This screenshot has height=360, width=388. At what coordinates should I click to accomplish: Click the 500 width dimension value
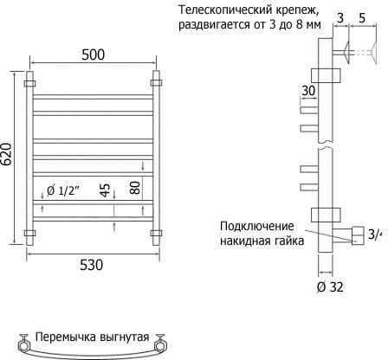click(x=93, y=55)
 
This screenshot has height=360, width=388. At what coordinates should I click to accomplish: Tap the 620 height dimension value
click(x=7, y=154)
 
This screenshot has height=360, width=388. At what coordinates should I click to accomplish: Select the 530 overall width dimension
click(x=91, y=265)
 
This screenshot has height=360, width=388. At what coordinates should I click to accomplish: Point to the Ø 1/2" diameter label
click(x=63, y=190)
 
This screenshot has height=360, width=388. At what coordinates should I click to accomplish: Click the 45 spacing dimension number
click(x=106, y=190)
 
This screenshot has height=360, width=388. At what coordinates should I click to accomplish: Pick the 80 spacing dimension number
click(x=135, y=188)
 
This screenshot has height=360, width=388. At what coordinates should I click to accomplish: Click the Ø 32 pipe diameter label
click(x=330, y=286)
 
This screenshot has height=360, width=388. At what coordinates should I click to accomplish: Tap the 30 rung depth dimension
click(x=308, y=91)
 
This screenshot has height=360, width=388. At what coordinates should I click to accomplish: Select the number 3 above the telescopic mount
click(x=340, y=18)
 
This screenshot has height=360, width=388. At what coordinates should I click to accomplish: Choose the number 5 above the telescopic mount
click(x=362, y=18)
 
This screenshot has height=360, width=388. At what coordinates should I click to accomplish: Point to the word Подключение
click(x=256, y=226)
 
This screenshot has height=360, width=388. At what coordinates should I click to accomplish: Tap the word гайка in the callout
click(x=289, y=241)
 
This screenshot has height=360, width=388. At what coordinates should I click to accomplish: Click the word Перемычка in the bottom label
click(x=66, y=337)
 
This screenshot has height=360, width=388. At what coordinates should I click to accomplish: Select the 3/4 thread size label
click(x=375, y=235)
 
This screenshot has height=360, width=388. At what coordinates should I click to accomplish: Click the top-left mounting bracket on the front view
click(x=30, y=84)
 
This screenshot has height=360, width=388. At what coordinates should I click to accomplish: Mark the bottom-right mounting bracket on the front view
click(x=156, y=233)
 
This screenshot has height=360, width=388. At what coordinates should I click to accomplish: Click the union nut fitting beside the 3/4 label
click(x=358, y=235)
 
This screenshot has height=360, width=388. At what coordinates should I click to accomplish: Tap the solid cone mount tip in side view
click(x=346, y=53)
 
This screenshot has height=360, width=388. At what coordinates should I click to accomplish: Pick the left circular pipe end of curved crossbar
click(x=23, y=345)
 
